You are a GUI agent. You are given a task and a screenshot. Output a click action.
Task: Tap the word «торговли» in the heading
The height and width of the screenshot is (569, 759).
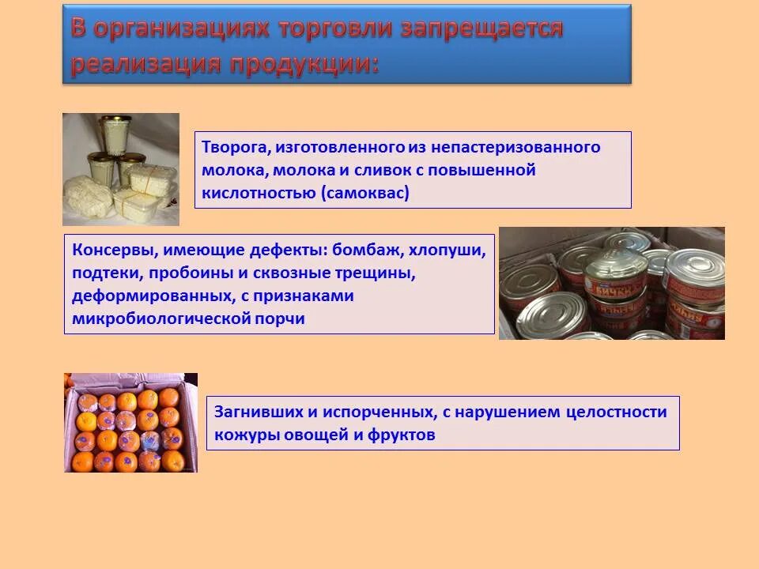coord(335,28)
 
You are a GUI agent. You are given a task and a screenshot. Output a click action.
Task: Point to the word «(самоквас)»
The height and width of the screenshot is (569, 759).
coord(365,193)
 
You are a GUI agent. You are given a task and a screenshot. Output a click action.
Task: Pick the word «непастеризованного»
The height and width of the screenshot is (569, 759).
coord(515,147)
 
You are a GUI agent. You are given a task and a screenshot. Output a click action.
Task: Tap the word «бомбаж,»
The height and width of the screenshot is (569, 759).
coord(368,251)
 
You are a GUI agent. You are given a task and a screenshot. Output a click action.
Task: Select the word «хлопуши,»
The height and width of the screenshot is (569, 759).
coord(447,251)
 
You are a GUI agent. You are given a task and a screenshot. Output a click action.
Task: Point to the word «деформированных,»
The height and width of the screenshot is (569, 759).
coord(153,296)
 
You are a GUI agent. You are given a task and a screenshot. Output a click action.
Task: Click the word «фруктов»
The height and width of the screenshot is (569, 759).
coord(402,435)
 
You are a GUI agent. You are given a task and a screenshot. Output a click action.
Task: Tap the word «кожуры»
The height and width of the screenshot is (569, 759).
coord(247,435)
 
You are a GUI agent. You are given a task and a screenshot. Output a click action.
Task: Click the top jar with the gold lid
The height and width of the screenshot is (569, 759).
coord(116,134)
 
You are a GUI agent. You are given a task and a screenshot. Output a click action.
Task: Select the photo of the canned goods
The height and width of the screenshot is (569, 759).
coord(612,283)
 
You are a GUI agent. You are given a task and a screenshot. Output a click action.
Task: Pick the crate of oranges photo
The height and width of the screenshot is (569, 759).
coord(130,422)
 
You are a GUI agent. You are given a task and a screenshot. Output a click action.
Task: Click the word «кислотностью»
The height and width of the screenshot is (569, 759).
coord(259,193)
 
